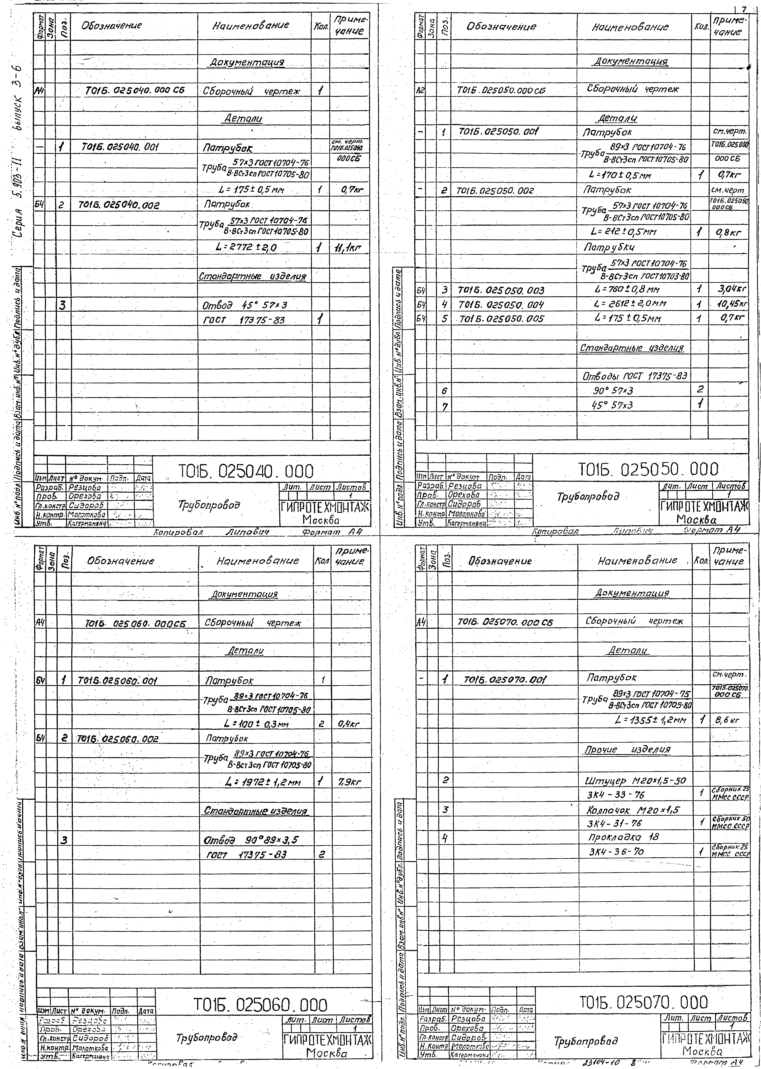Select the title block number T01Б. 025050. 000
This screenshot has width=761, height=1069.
648,469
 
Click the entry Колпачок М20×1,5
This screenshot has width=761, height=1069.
633,810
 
